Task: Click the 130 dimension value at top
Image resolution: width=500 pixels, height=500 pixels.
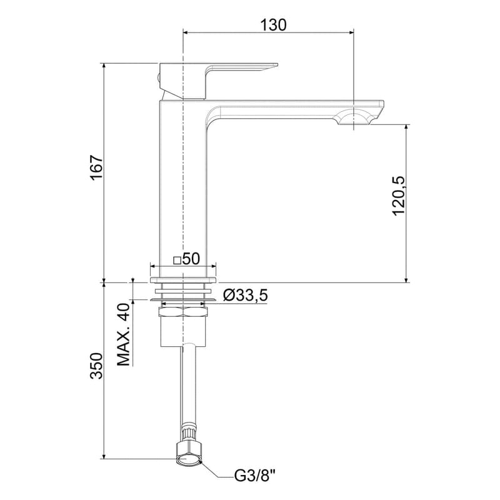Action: point(273,25)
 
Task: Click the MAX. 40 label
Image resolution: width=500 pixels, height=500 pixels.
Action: point(124,334)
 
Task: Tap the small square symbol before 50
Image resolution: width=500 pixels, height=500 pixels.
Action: point(177,260)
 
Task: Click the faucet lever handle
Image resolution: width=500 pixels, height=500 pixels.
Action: point(237,68)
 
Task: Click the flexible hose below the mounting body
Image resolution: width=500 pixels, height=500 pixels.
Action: point(188,387)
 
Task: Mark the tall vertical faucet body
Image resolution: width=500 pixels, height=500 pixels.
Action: point(182,187)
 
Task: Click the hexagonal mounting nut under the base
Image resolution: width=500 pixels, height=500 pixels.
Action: point(182,311)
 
